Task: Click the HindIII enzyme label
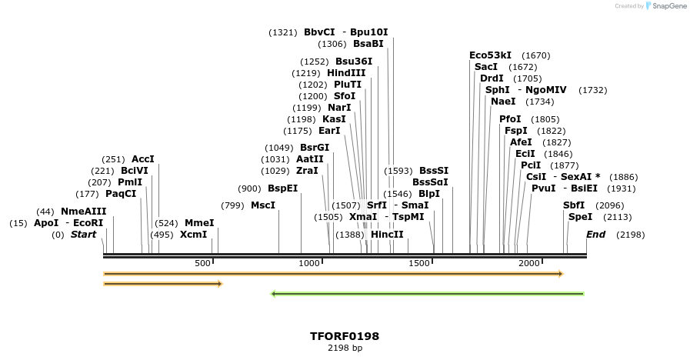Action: point(346,73)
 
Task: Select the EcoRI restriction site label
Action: point(88,223)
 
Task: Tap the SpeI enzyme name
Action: point(580,217)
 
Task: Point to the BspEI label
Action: point(282,188)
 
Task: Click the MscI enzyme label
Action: point(263,205)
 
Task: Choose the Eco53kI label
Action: point(490,55)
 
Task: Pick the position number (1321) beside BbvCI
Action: point(282,32)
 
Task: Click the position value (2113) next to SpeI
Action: point(617,217)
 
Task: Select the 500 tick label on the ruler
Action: point(202,263)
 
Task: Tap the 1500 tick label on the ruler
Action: point(419,263)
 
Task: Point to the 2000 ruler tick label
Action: point(529,263)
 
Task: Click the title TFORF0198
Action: point(345,336)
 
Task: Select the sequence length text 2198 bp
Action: point(345,348)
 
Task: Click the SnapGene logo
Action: point(666,6)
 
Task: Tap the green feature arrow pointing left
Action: point(428,293)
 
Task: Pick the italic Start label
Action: point(83,235)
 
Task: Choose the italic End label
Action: point(595,235)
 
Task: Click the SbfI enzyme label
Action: point(574,205)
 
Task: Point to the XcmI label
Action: point(194,235)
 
